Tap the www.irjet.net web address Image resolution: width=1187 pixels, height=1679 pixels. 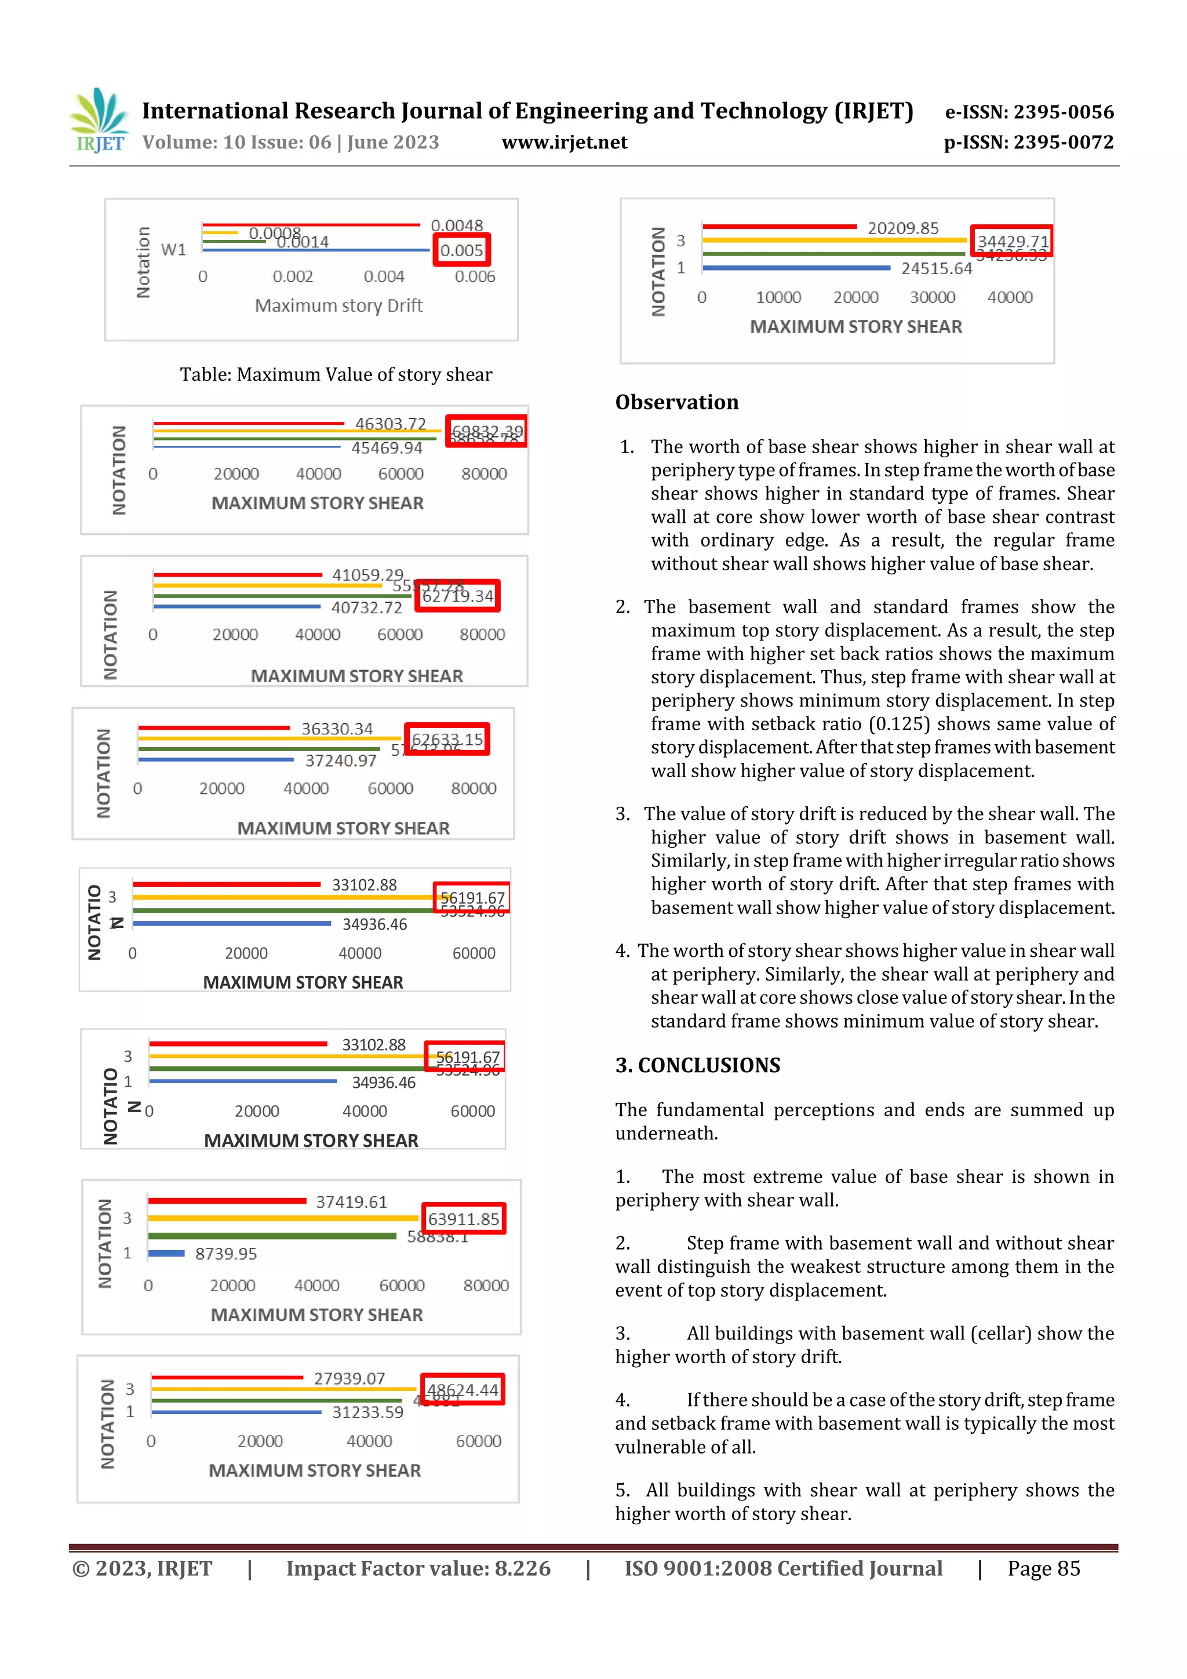point(564,142)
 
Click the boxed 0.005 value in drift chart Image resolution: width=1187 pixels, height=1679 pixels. point(461,250)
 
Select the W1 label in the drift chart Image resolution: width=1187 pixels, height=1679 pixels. point(173,249)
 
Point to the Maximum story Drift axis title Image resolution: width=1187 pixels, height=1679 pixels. point(338,305)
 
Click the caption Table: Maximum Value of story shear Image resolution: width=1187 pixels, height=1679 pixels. point(336,374)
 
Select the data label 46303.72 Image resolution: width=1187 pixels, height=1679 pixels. point(390,424)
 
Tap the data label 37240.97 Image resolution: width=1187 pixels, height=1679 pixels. point(341,760)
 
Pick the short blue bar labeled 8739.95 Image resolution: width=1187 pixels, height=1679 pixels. point(167,1254)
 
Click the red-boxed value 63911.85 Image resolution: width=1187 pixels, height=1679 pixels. point(463,1219)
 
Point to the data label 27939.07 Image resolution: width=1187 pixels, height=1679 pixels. point(349,1378)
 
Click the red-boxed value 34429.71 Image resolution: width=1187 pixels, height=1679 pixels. point(1012,241)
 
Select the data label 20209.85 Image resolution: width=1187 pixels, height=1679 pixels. point(902,228)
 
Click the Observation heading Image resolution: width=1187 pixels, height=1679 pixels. point(676,402)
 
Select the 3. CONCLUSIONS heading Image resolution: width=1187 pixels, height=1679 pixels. point(697,1065)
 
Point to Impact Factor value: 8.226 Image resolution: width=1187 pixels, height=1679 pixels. point(418,1568)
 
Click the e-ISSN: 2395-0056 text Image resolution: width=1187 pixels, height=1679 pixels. point(1029,112)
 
